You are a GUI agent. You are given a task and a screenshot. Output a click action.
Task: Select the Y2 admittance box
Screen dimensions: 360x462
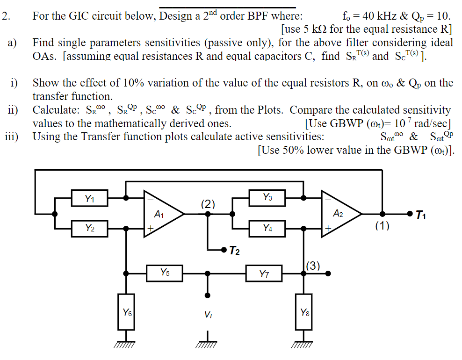point(90,228)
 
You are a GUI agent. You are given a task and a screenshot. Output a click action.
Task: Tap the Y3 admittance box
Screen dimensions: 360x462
point(267,198)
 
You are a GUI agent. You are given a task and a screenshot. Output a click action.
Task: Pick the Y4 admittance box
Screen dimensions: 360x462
point(267,228)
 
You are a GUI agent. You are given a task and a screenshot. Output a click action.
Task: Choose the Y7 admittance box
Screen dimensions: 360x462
point(264,274)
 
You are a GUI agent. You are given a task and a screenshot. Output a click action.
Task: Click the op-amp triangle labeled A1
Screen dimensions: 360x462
point(161,214)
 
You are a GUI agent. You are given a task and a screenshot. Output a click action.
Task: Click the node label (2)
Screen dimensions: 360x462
point(208,203)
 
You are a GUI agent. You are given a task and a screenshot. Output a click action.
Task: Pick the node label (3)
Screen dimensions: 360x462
point(312,266)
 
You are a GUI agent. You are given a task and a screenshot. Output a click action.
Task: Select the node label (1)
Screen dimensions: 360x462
point(382,226)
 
